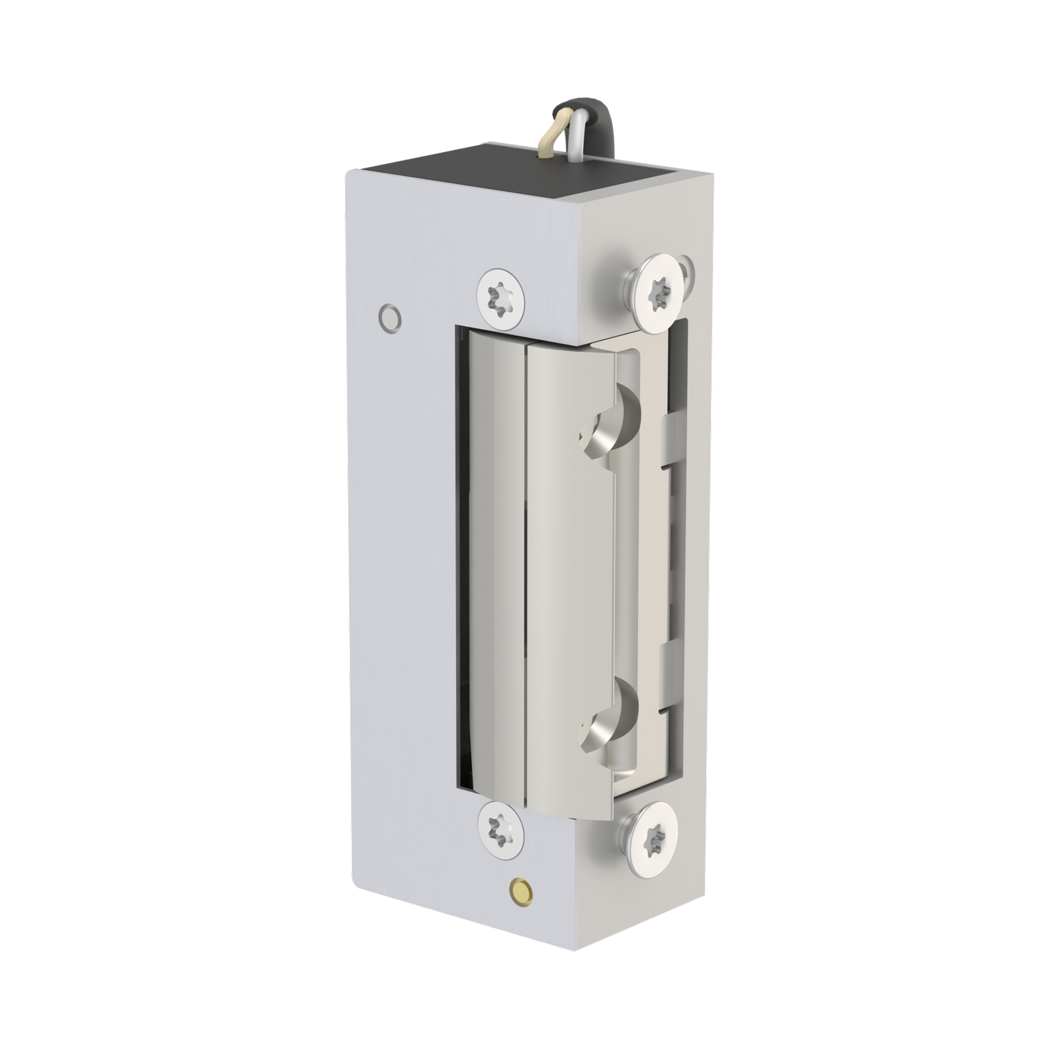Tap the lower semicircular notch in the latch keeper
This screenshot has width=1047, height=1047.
tap(605, 720)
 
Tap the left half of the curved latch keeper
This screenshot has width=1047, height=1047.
tap(494, 563)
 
